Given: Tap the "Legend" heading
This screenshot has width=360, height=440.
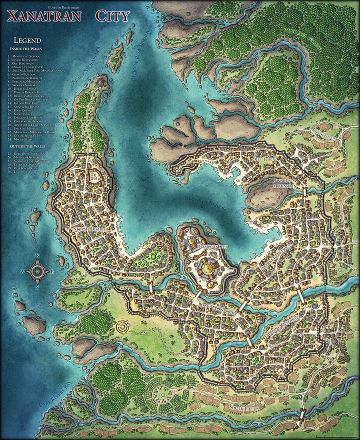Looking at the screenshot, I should [x=27, y=40].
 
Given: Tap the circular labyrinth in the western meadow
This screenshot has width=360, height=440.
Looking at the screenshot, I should [x=123, y=328].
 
